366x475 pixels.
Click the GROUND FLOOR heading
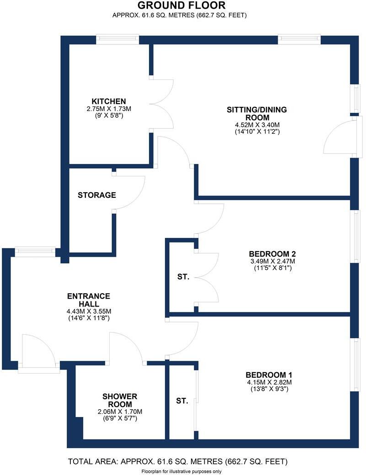click(x=181, y=5)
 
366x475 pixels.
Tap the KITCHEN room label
click(x=108, y=101)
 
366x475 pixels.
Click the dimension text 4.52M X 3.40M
click(x=257, y=124)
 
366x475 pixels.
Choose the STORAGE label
click(x=96, y=195)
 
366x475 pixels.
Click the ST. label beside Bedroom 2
click(x=183, y=277)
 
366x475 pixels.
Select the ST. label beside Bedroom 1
click(x=182, y=401)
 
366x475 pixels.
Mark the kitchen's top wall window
click(x=117, y=40)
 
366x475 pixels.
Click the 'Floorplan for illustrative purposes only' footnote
click(x=181, y=471)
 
